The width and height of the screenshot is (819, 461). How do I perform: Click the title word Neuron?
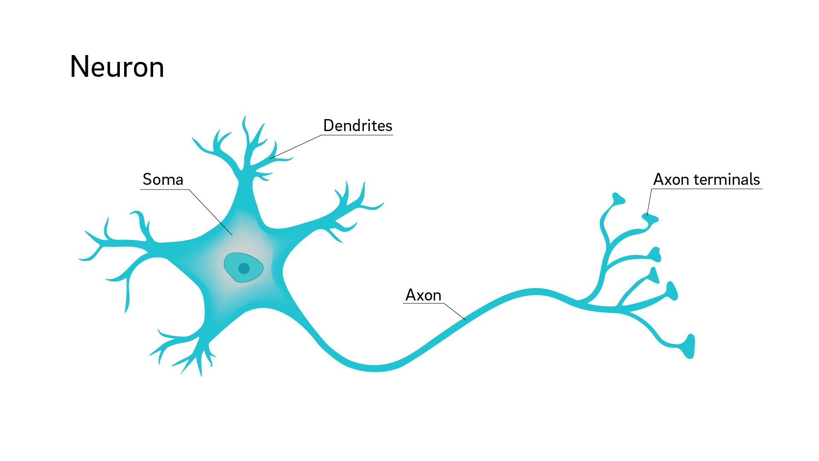click(117, 67)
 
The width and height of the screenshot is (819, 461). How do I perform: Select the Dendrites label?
click(357, 126)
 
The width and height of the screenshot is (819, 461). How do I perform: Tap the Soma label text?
click(163, 180)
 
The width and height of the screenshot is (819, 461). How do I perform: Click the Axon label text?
click(423, 295)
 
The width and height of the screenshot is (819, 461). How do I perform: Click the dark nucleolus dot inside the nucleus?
click(244, 268)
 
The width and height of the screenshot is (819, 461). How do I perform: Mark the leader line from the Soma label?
click(210, 212)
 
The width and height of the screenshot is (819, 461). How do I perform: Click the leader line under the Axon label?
click(455, 311)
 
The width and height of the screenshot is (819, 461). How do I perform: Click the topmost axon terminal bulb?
click(618, 198)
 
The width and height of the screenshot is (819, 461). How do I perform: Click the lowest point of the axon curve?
click(374, 368)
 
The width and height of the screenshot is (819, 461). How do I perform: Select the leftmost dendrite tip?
click(80, 259)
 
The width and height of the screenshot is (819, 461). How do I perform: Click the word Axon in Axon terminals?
click(671, 180)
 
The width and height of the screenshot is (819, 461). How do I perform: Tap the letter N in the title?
click(80, 67)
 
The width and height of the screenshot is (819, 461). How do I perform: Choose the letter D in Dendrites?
click(329, 126)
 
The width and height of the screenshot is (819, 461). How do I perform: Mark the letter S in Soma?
click(148, 180)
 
